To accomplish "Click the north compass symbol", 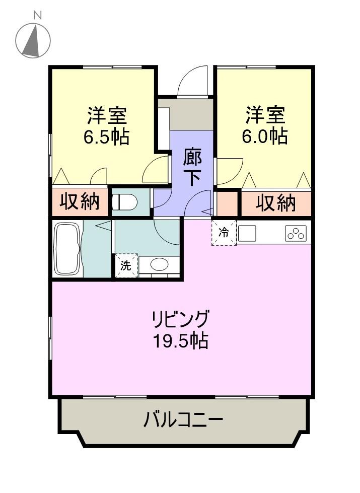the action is [x=33, y=41].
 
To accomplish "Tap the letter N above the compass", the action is [x=38, y=15].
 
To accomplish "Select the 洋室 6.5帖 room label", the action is [x=107, y=126].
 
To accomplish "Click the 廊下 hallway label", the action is [x=192, y=167].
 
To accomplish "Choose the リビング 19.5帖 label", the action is [x=180, y=329].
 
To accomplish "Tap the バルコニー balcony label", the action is [x=183, y=419].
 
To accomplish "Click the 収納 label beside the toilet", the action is [x=80, y=201].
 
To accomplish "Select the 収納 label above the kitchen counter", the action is [x=276, y=203].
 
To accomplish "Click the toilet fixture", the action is [x=124, y=202].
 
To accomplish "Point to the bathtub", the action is [x=66, y=249].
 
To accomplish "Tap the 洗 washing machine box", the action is [x=126, y=266].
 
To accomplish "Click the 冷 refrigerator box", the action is [x=224, y=233].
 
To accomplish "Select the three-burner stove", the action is [x=296, y=233].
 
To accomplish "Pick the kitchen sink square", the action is [x=247, y=233].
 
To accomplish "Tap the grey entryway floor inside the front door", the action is [x=191, y=114].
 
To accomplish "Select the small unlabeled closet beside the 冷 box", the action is [x=227, y=203].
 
